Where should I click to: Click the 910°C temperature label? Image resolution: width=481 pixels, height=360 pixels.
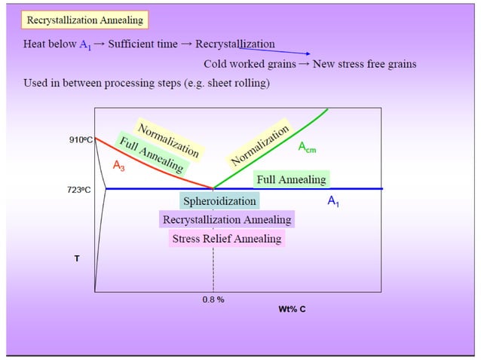point(81,139)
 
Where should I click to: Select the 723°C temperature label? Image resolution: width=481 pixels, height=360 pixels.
point(79,190)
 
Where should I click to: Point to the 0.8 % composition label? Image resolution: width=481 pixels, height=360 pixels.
point(213,299)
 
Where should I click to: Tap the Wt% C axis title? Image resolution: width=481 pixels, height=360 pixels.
point(292,309)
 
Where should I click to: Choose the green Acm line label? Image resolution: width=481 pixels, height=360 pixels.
point(307,148)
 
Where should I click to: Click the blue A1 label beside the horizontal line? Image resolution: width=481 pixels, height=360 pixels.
point(333,202)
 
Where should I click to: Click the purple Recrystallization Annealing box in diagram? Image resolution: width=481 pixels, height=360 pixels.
point(226,220)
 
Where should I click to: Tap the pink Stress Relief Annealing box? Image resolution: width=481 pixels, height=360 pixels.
point(226,239)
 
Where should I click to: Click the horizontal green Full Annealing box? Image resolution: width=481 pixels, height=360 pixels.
point(291,180)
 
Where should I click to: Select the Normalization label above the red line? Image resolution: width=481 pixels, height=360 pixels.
point(168,139)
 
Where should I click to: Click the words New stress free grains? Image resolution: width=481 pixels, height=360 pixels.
point(365,64)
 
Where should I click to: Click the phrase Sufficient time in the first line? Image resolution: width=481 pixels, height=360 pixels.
point(142,44)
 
